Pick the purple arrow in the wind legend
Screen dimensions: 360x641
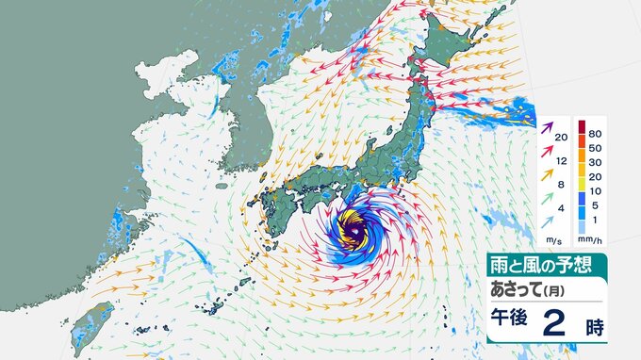[x=547, y=124]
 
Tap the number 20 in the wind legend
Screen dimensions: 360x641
[x=561, y=139]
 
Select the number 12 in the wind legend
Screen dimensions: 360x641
[x=561, y=161]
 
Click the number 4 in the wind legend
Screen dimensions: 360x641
[x=561, y=207]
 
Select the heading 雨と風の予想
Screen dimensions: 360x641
[x=534, y=262]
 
